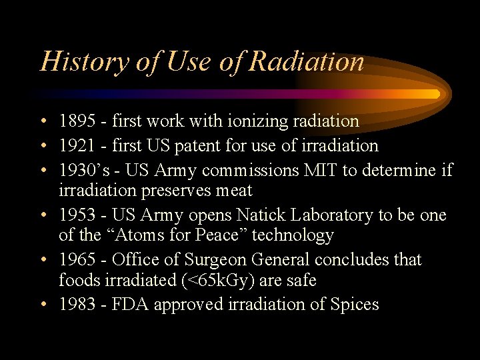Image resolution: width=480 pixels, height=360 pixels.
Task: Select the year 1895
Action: (x=77, y=121)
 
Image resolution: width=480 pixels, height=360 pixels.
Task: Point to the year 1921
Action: (x=77, y=145)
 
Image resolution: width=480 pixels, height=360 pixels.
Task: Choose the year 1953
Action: (x=77, y=215)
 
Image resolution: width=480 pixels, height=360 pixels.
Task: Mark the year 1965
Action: (x=77, y=259)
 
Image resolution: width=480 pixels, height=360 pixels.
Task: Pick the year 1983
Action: (x=77, y=305)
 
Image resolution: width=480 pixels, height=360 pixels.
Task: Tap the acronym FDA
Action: (x=134, y=305)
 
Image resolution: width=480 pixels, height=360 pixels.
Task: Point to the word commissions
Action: (x=243, y=170)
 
